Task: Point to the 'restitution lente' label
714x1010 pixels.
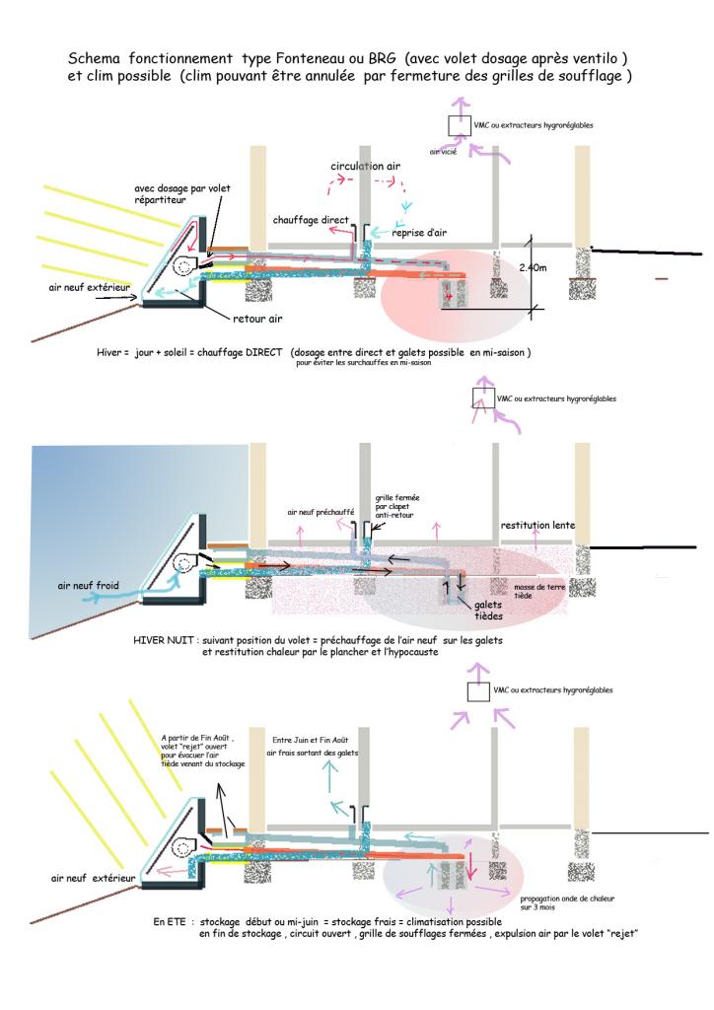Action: [x=537, y=525]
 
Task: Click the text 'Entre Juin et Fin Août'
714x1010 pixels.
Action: [x=312, y=739]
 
